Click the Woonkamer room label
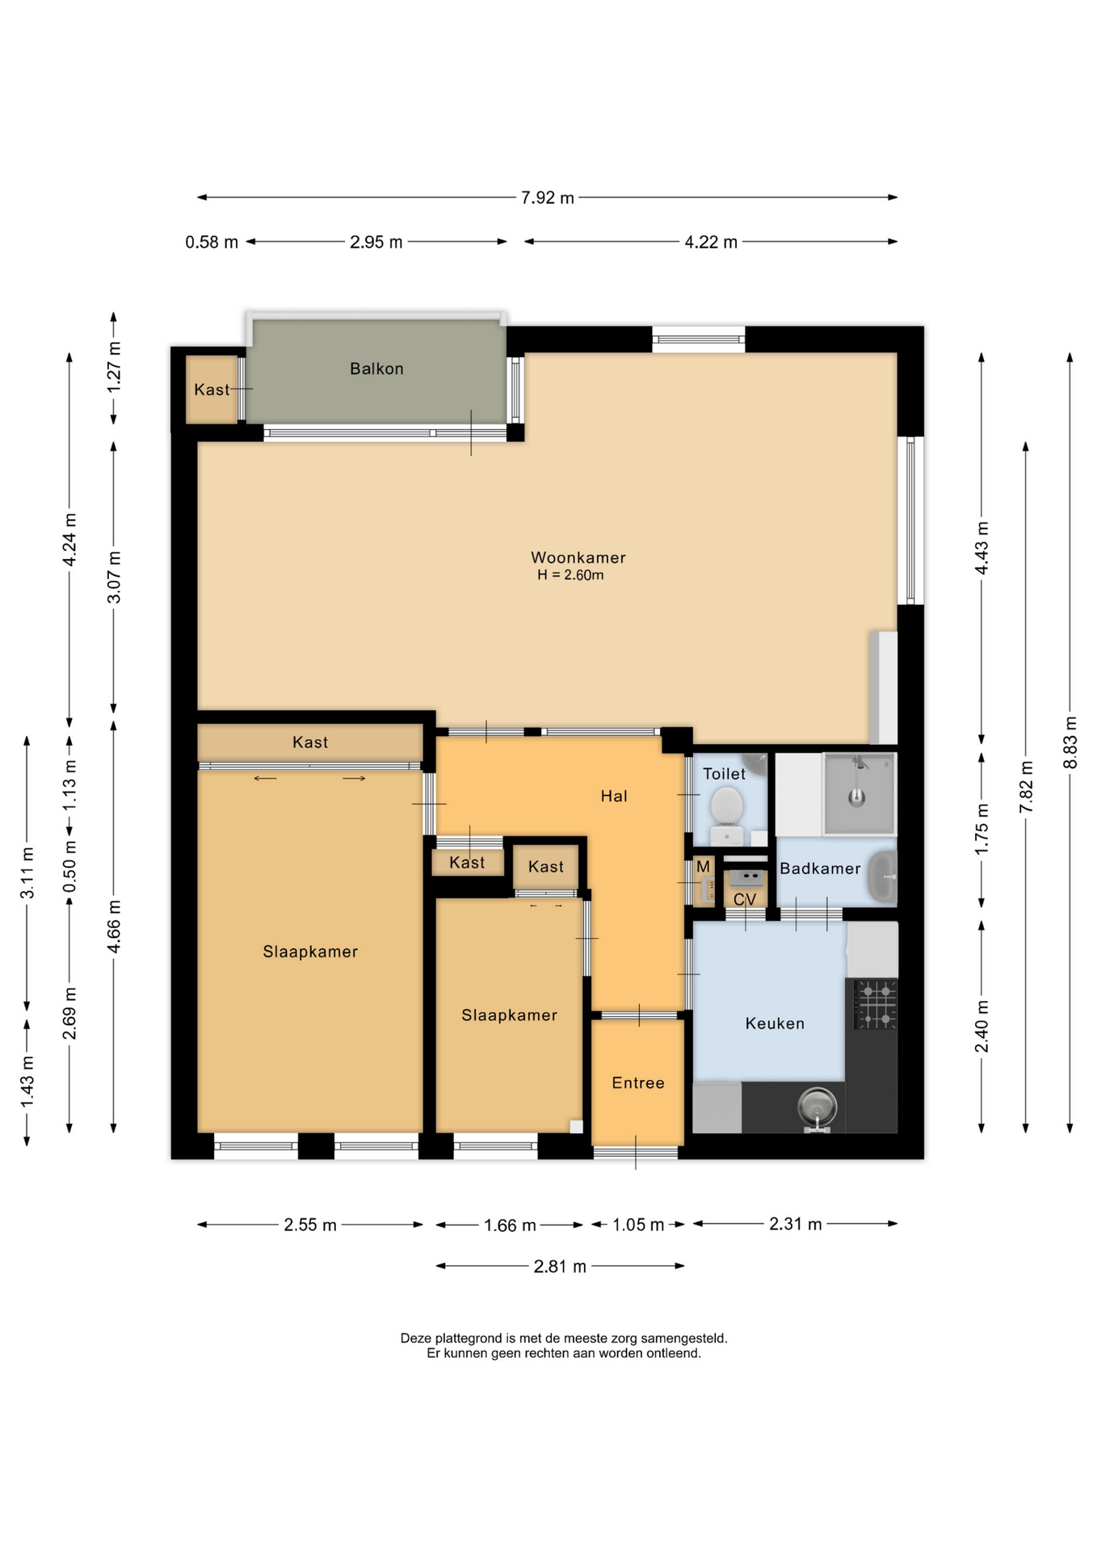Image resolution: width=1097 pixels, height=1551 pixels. [578, 557]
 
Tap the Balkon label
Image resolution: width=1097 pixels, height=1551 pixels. [376, 368]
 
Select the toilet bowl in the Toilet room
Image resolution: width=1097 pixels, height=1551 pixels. [726, 808]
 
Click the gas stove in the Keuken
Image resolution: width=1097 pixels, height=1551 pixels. [876, 1004]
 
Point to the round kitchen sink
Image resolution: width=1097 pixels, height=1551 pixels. [817, 1105]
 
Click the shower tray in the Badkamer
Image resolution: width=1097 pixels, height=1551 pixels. [859, 793]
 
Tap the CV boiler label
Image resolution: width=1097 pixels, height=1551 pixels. [745, 899]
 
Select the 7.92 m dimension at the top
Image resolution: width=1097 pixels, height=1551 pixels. [548, 198]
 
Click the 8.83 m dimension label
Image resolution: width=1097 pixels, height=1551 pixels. [1070, 742]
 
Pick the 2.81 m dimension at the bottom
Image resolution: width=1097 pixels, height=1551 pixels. [560, 1266]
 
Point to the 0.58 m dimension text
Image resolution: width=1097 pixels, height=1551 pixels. [212, 242]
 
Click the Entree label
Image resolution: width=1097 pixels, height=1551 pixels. [638, 1082]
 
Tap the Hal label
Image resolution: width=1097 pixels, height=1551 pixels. [614, 796]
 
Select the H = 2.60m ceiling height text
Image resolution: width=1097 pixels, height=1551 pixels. [570, 575]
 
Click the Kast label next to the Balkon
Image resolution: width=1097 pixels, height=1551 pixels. [212, 389]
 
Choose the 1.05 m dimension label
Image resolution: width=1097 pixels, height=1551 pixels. [638, 1225]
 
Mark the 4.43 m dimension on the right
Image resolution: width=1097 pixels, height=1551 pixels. [982, 548]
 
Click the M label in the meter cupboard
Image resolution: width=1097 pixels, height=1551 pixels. [703, 866]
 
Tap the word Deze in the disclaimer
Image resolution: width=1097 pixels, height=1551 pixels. [415, 1338]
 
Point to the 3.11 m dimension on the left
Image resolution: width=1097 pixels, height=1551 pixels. [27, 872]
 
